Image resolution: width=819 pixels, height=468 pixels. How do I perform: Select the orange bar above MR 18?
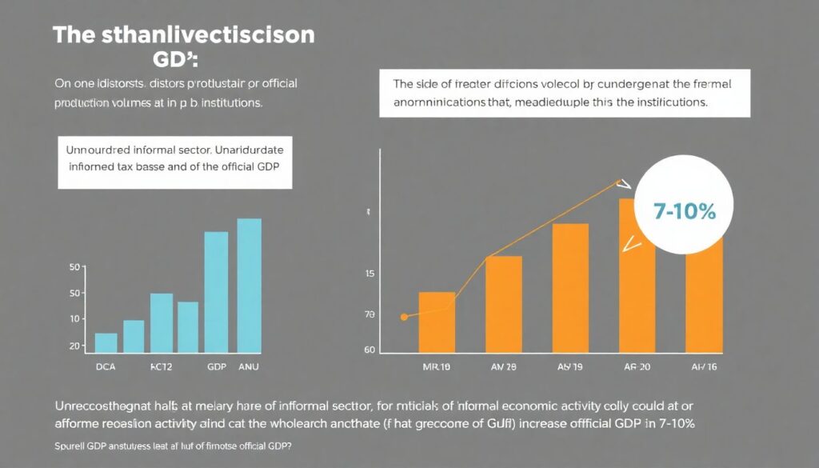point(437,322)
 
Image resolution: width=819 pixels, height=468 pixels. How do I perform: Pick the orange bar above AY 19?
point(570,288)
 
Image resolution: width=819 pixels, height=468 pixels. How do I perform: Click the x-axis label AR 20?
point(637,367)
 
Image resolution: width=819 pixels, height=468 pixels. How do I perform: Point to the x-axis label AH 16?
point(703,367)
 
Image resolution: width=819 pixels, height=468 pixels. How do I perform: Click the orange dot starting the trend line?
point(403,318)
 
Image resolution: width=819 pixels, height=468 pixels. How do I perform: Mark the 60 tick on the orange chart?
point(370,350)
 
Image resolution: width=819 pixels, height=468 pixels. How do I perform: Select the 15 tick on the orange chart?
point(370,274)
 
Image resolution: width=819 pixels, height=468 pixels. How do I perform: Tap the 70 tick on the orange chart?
point(370,315)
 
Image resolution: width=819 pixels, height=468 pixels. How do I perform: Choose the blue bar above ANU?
point(250,286)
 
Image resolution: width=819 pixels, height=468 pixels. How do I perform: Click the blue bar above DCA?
point(106,343)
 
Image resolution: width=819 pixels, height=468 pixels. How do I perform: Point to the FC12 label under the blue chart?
point(162,367)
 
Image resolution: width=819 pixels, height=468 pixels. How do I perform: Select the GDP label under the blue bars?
point(216,367)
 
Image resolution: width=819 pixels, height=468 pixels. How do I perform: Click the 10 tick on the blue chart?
point(74,319)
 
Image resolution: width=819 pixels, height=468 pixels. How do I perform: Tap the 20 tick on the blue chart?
point(74,346)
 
